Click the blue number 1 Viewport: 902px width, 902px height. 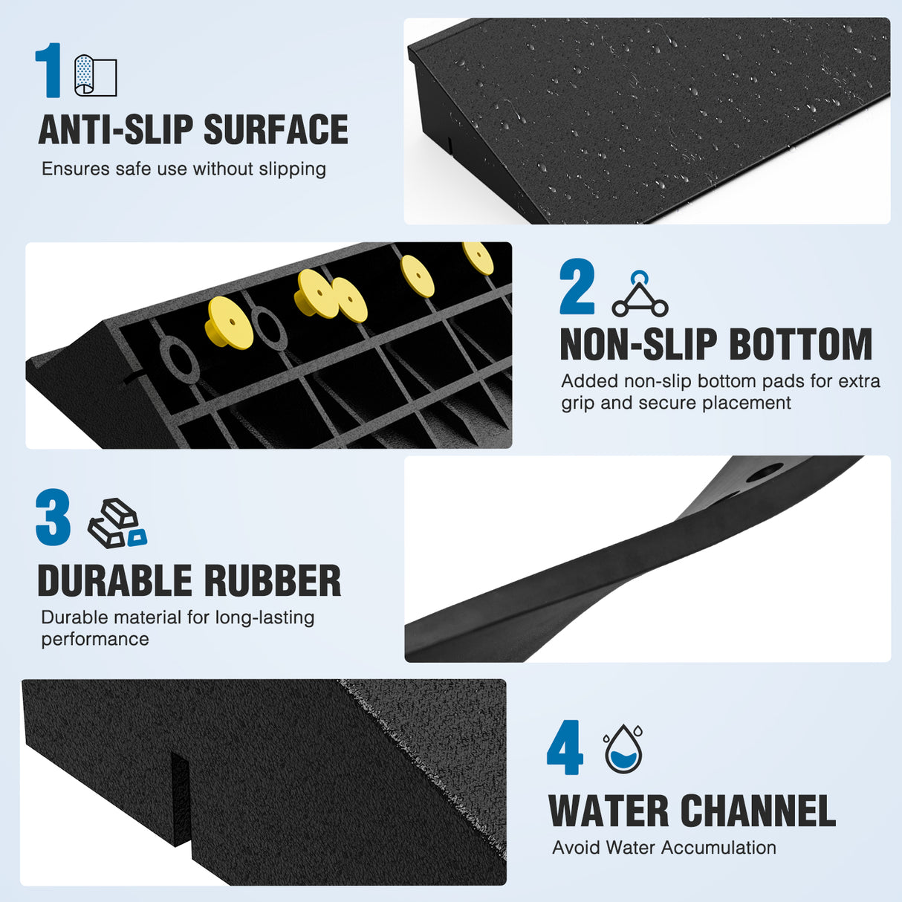[x=50, y=71]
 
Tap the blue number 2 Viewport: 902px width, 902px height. [x=577, y=287]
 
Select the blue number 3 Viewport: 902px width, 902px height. [x=53, y=517]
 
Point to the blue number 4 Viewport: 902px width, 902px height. [x=565, y=747]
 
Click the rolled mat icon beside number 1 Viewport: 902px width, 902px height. [x=96, y=75]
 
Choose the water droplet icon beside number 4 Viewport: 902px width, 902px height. [x=623, y=749]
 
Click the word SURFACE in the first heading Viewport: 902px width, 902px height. [x=276, y=130]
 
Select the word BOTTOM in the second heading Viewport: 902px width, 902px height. [x=801, y=345]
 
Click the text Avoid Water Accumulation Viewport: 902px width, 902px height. [x=664, y=848]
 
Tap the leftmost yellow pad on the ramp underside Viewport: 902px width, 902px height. [x=229, y=322]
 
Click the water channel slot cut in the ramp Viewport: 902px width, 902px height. [x=181, y=799]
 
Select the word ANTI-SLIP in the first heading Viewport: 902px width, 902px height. [x=116, y=130]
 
